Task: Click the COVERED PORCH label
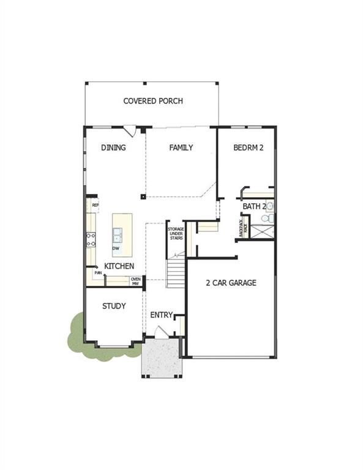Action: point(153,101)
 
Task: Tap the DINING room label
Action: point(114,147)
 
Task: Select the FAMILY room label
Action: point(181,147)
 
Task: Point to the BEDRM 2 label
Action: point(249,147)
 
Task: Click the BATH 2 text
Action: point(254,207)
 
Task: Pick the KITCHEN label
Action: point(119,267)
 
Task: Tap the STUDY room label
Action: point(114,306)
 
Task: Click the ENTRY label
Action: point(162,315)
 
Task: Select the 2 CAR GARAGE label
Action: point(231,283)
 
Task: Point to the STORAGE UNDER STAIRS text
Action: point(176,236)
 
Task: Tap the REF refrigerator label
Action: point(95,204)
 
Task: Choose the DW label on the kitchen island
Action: point(116,249)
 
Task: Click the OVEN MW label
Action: point(135,281)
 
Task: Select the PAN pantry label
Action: point(97,273)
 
